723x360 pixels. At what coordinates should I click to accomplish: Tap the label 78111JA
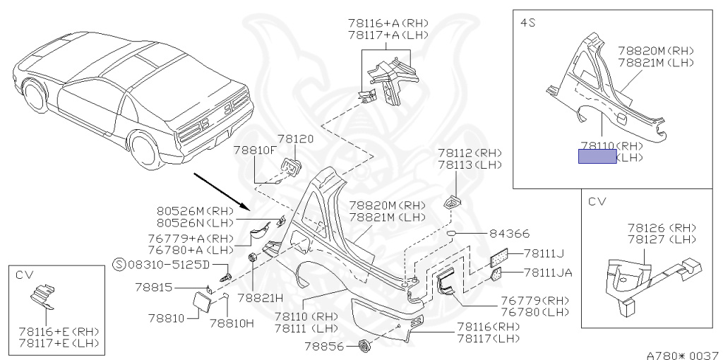(x=548, y=272)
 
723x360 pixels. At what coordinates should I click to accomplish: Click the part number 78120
(x=294, y=140)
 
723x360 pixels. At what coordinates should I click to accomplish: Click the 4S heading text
(x=527, y=23)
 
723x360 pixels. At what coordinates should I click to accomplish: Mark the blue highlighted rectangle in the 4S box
(x=597, y=157)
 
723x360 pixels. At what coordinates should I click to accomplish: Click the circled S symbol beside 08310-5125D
(x=119, y=265)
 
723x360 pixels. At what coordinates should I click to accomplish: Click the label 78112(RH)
(x=469, y=152)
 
